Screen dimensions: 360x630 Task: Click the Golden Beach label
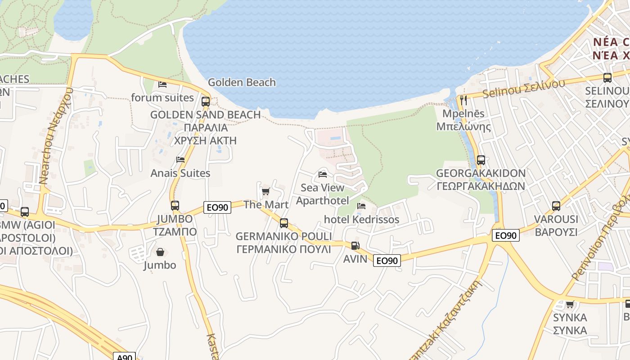242,82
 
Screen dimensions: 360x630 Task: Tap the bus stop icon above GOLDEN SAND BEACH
206,101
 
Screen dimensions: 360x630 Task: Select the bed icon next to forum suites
162,84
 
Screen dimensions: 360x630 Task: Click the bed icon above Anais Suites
180,160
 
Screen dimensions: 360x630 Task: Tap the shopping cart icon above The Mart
265,192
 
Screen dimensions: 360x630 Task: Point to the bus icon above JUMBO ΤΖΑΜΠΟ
175,206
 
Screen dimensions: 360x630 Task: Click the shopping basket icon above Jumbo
160,252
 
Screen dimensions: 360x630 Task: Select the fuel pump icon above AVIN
355,246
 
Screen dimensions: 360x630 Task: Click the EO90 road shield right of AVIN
387,261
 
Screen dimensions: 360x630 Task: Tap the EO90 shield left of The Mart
217,207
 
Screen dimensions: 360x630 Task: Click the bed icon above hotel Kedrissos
361,206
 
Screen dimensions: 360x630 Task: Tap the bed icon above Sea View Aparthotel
322,174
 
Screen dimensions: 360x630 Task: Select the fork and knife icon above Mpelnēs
463,100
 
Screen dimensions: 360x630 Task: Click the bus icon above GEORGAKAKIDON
481,160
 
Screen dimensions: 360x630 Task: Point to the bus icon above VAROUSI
556,206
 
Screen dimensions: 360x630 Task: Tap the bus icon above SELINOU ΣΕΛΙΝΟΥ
607,78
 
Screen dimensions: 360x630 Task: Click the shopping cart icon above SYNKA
570,304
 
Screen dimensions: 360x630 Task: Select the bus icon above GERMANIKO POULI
283,223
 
